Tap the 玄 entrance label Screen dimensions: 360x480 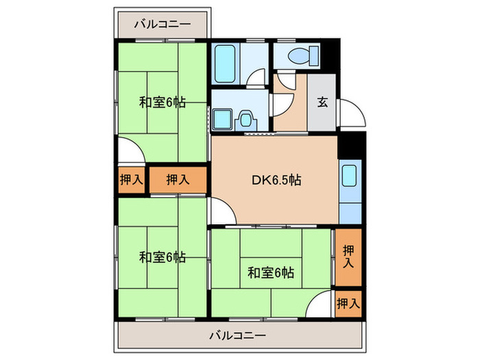[322, 104]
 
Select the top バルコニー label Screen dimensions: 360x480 [162, 24]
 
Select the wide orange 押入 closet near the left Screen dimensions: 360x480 [178, 180]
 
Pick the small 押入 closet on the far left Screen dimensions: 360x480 [130, 180]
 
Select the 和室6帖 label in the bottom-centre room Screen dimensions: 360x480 [271, 272]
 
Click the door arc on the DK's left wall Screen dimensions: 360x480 [221, 209]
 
